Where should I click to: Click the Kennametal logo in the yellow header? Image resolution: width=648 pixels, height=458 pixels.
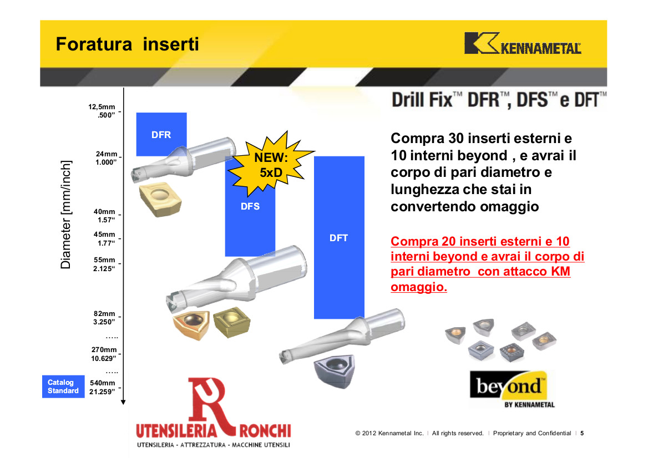(x=523, y=43)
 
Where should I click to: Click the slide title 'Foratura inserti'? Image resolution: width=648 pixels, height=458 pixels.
(x=127, y=44)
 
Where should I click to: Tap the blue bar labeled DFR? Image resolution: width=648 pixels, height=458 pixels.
(x=161, y=134)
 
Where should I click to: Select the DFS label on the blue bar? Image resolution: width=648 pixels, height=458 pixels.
(x=250, y=206)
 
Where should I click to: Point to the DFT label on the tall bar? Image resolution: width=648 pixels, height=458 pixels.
(x=338, y=238)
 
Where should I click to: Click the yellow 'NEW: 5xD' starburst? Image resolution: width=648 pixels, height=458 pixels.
(x=271, y=164)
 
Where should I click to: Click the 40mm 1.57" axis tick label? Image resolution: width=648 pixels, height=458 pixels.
(x=104, y=216)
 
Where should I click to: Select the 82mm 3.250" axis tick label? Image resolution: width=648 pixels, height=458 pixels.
(x=104, y=318)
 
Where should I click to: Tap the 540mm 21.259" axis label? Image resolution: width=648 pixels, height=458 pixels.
(x=103, y=387)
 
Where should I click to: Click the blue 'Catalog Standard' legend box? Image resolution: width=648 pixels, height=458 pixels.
(x=63, y=386)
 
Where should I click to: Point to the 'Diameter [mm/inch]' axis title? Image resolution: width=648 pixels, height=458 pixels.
(x=65, y=215)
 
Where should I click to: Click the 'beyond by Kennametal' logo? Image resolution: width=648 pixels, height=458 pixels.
(x=513, y=389)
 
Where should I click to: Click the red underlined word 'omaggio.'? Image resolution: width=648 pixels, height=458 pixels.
(x=419, y=287)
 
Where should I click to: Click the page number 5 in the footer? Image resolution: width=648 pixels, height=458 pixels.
(x=582, y=433)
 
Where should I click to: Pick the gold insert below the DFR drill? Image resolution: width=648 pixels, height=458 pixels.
(x=160, y=199)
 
